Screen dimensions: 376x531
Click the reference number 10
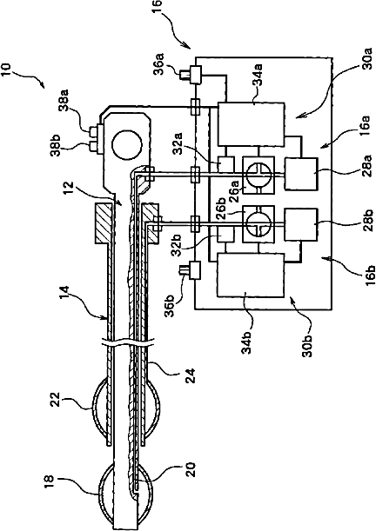[7, 70]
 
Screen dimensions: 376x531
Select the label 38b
[56, 145]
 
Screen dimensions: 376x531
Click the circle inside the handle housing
[126, 145]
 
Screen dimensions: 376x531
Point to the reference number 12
[68, 189]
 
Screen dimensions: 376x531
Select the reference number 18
[49, 482]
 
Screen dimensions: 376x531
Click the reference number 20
[191, 469]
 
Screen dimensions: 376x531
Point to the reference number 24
[191, 375]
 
